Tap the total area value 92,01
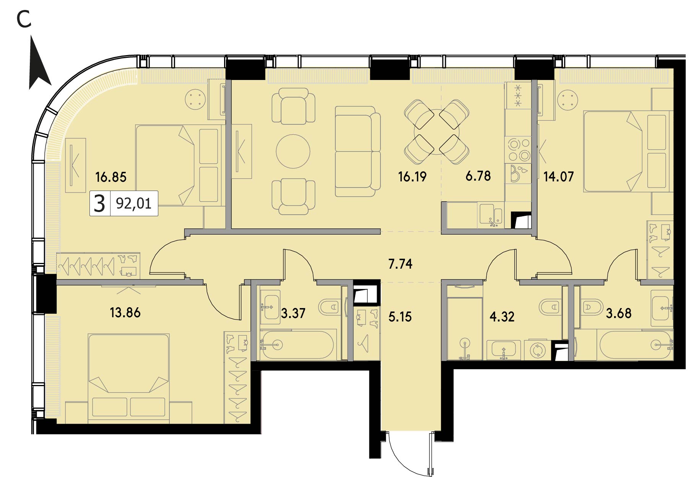coord(133,203)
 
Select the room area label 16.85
coord(111,177)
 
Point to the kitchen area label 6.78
coord(478,176)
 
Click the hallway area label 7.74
coord(400,264)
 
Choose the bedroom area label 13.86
coord(125,313)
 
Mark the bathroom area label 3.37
coord(293,313)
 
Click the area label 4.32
coord(502,316)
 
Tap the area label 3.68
coord(619,313)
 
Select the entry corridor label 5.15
coord(400,317)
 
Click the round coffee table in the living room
coord(293,151)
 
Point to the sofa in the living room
coord(358,151)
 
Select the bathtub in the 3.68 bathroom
coord(635,345)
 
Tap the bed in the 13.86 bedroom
coord(128,378)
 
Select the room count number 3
coord(99,203)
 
